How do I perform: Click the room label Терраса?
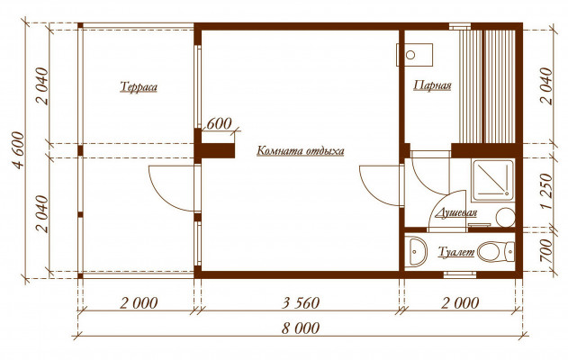pyautogui.click(x=139, y=87)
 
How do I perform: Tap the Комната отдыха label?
pyautogui.click(x=301, y=150)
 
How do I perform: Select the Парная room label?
pyautogui.click(x=432, y=85)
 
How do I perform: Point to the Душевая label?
pyautogui.click(x=456, y=213)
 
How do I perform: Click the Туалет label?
pyautogui.click(x=456, y=252)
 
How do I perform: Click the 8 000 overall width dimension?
pyautogui.click(x=301, y=328)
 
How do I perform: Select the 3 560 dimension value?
pyautogui.click(x=301, y=302)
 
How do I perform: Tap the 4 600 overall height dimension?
pyautogui.click(x=18, y=150)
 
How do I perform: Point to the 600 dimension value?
pyautogui.click(x=219, y=124)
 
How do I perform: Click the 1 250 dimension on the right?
pyautogui.click(x=546, y=191)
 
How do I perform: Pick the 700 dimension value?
pyautogui.click(x=546, y=251)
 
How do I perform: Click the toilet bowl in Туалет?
pyautogui.click(x=496, y=252)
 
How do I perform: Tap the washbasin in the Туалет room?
pyautogui.click(x=416, y=252)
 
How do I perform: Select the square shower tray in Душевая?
pyautogui.click(x=492, y=181)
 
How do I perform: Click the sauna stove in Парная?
pyautogui.click(x=415, y=55)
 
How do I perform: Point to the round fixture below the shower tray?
pyautogui.click(x=505, y=217)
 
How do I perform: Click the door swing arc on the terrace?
pyautogui.click(x=163, y=195)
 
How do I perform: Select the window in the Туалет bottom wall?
pyautogui.click(x=460, y=274)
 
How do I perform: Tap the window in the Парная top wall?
pyautogui.click(x=460, y=26)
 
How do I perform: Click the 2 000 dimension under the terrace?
pyautogui.click(x=139, y=302)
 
